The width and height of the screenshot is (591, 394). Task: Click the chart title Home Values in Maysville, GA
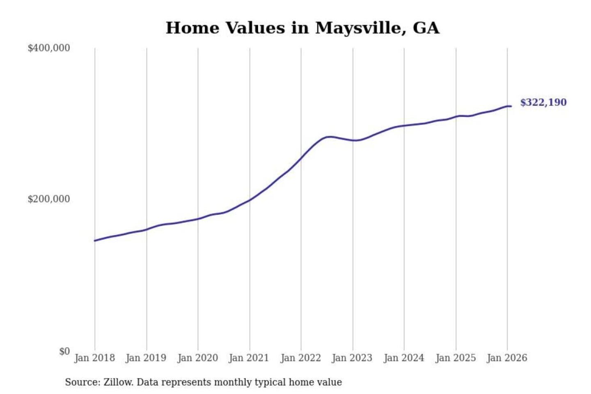(302, 28)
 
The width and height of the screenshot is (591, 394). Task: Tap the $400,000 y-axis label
(49, 48)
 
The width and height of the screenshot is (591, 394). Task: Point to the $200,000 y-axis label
(49, 199)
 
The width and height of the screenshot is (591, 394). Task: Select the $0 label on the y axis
(64, 351)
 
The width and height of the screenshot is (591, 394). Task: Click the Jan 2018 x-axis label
(94, 358)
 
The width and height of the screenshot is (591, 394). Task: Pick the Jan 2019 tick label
(146, 358)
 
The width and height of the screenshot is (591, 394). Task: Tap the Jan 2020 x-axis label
(197, 358)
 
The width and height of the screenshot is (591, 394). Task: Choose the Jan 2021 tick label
(249, 358)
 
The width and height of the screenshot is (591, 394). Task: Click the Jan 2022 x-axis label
(300, 358)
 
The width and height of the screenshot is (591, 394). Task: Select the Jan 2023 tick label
(352, 358)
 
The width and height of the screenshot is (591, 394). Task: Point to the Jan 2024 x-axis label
(403, 358)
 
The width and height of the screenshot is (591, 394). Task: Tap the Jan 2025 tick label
(455, 358)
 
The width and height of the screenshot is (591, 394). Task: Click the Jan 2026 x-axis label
(506, 358)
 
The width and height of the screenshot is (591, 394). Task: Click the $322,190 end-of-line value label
(543, 102)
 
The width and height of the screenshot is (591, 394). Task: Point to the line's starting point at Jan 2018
(95, 241)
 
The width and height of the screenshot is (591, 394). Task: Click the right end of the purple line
(511, 106)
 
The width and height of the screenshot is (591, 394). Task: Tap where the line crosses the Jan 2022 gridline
(301, 158)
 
